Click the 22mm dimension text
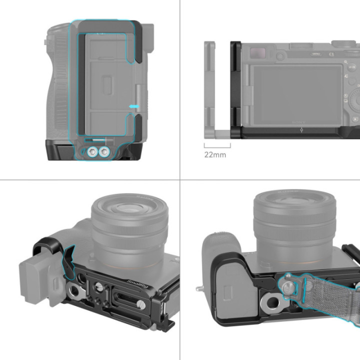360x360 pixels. [x=215, y=154]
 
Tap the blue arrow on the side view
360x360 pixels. [x=132, y=106]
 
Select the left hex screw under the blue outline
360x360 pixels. [x=91, y=152]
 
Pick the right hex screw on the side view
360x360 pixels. [x=104, y=152]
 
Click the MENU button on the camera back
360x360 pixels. [x=316, y=52]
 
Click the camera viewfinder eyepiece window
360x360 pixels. [x=257, y=51]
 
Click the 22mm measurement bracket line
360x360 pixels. [x=217, y=146]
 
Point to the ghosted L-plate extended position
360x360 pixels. [x=210, y=90]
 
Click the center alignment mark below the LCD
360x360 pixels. [x=300, y=130]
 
